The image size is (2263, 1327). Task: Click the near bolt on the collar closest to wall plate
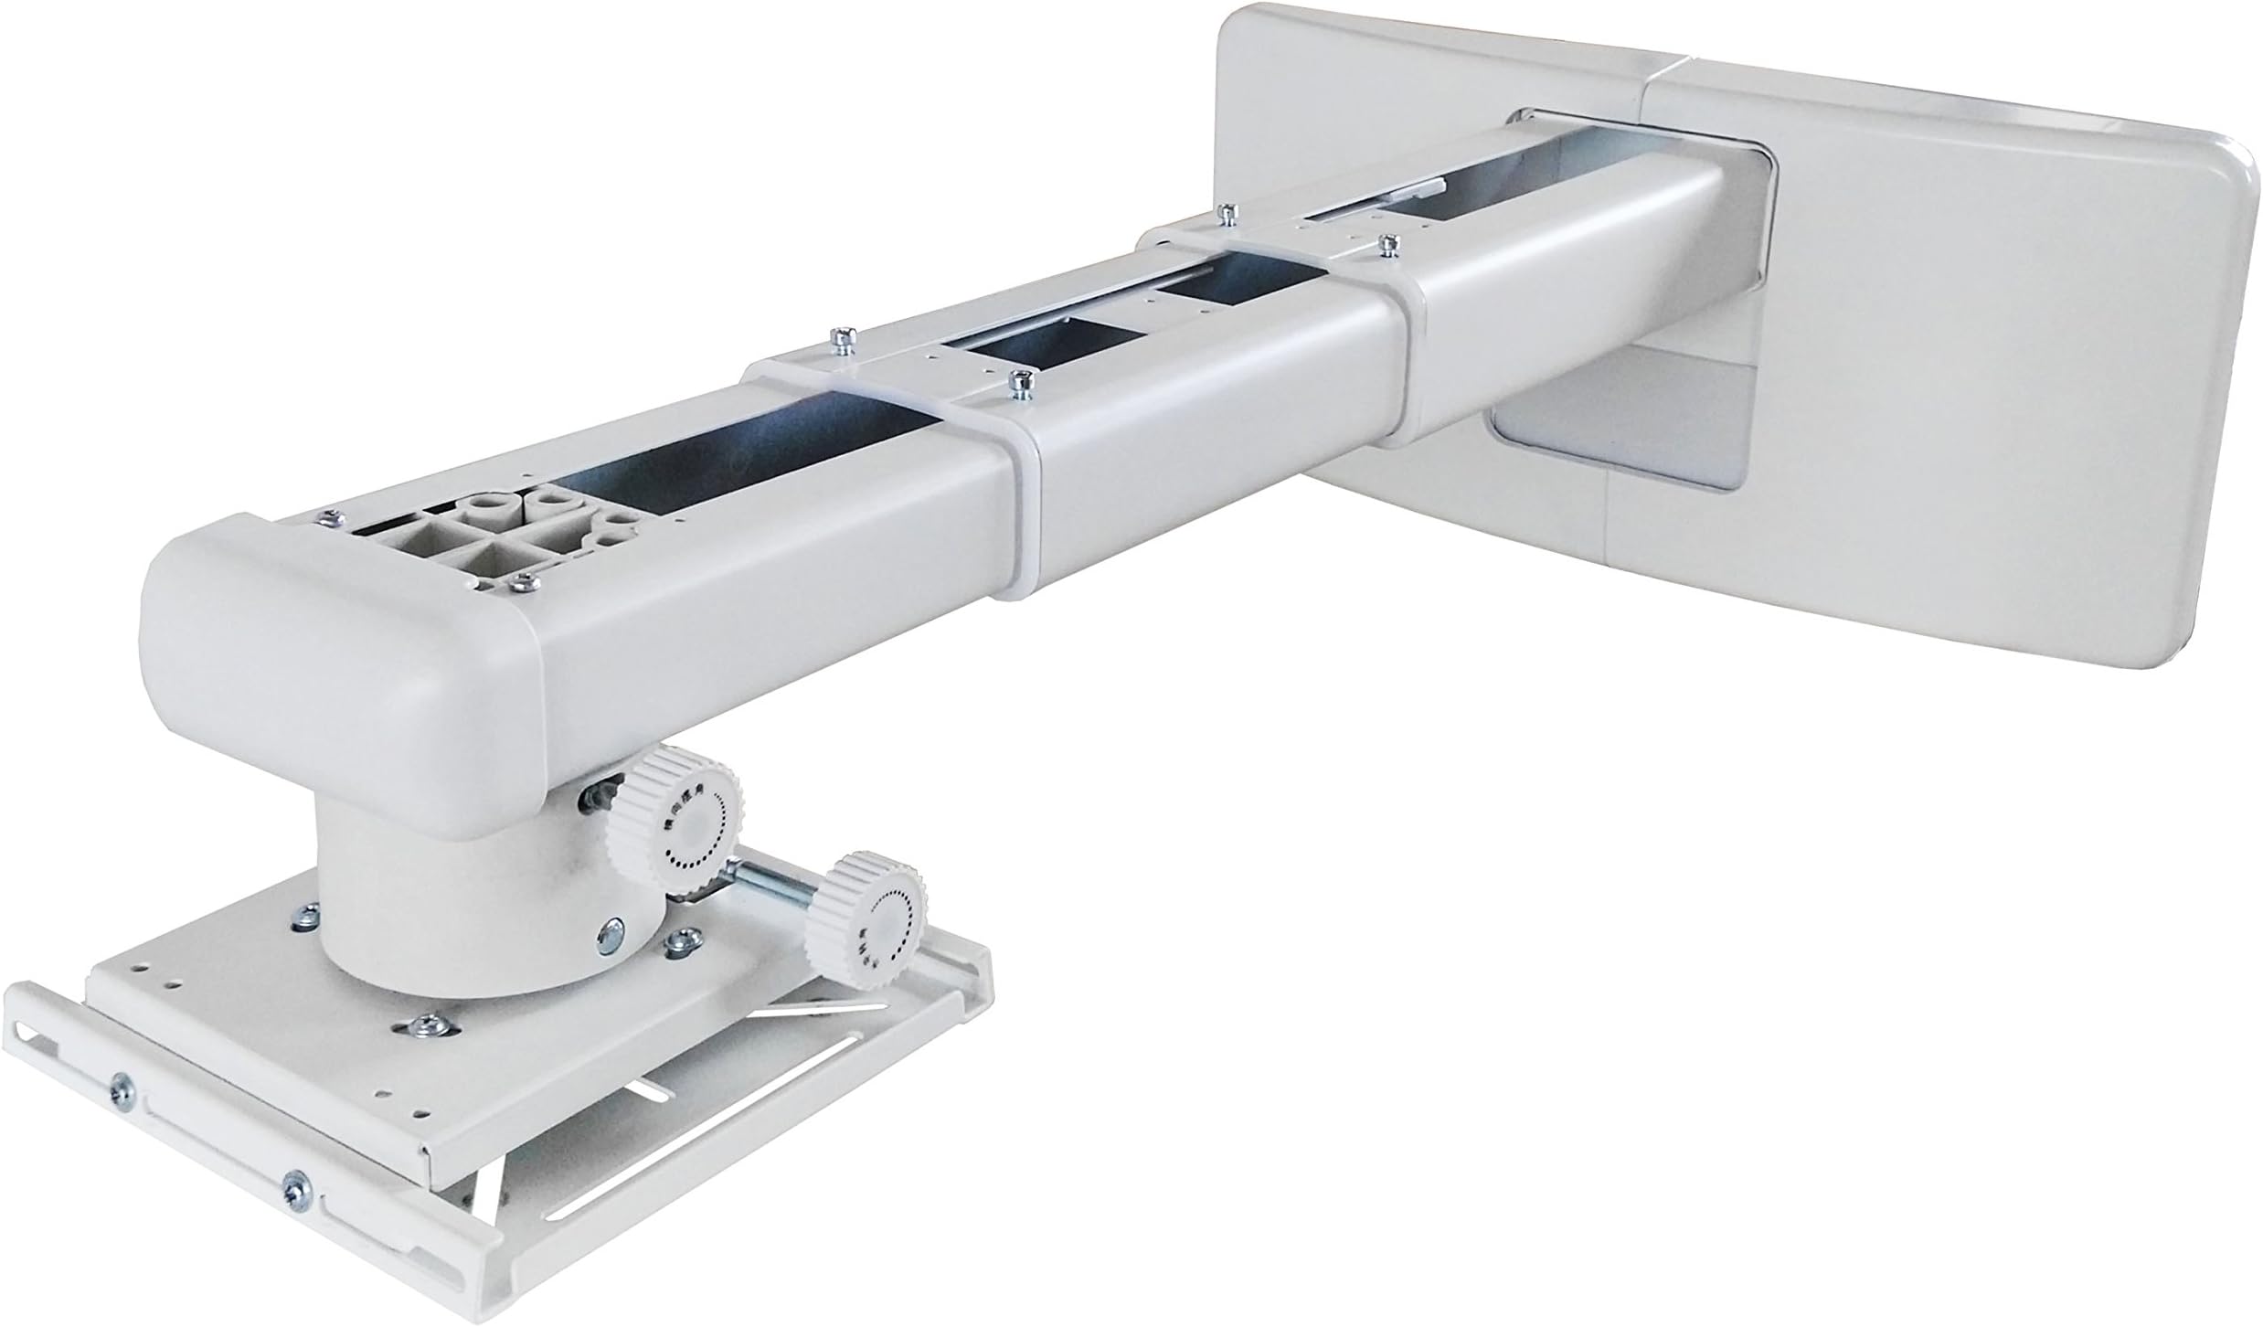point(1389,245)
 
